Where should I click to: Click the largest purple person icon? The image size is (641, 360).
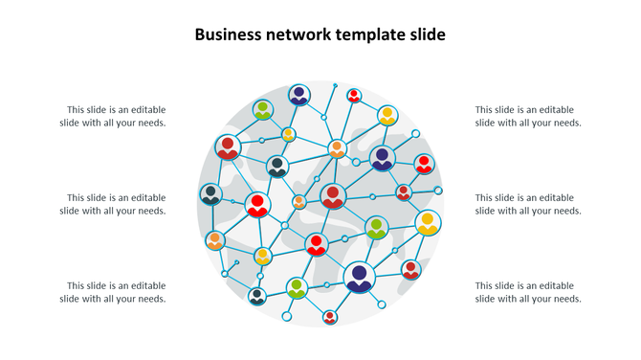coord(360,277)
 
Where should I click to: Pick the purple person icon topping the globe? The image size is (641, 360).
coord(299,95)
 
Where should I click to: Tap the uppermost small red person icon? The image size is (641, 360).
coord(354,96)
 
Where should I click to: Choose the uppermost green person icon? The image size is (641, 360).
coord(263,110)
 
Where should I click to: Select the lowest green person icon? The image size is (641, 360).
coord(297,287)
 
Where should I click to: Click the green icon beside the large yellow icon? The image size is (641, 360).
coord(377,228)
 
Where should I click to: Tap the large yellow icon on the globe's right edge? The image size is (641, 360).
coord(428,223)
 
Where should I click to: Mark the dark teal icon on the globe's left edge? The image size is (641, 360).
coord(211,194)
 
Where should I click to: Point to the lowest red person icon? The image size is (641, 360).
coord(330,317)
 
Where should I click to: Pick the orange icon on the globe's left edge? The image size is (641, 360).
coord(215,239)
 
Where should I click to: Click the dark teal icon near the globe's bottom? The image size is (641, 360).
coord(256,296)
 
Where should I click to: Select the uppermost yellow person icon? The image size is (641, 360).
coord(387,116)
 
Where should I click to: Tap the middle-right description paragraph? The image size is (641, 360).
coord(528,204)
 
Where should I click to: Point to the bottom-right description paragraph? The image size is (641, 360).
coord(528,292)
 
